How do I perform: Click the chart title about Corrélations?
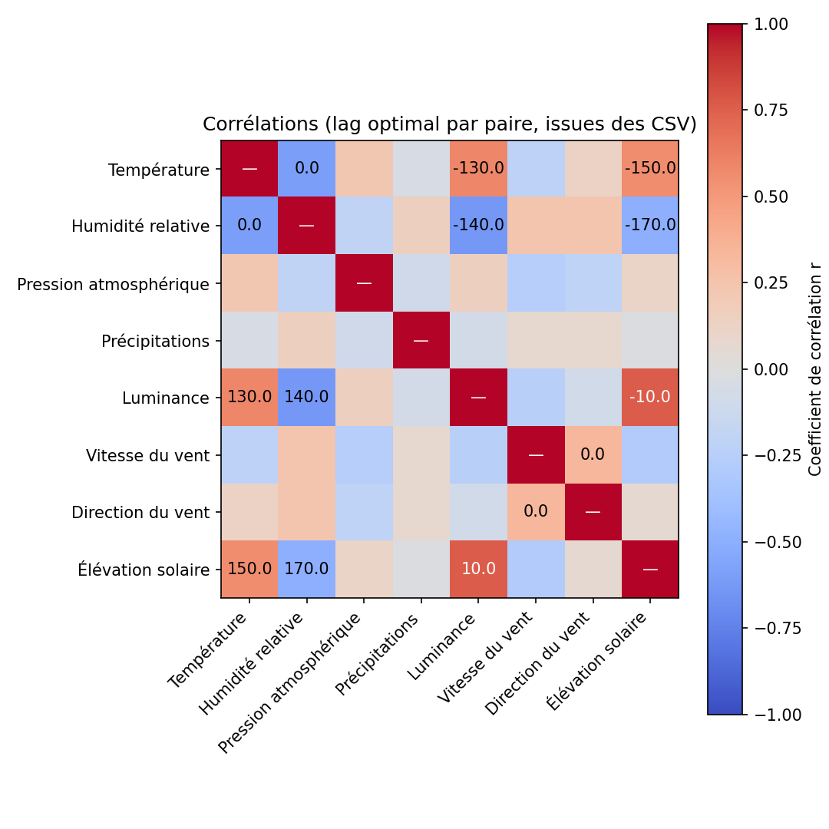(449, 124)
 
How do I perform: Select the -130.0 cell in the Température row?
(478, 168)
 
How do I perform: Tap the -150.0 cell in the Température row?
(650, 168)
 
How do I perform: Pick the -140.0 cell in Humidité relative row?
(478, 225)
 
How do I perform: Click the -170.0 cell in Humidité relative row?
(650, 225)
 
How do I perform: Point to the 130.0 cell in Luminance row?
(249, 397)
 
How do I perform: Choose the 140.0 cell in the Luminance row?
(306, 397)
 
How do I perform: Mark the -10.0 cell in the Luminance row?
(650, 397)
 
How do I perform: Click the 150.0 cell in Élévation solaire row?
(249, 569)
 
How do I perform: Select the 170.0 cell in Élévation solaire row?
(306, 569)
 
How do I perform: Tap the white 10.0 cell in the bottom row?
(478, 569)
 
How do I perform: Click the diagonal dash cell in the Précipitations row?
(421, 340)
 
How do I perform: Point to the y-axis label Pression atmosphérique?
(114, 285)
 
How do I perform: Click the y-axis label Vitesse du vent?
(148, 456)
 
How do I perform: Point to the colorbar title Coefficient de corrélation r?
(815, 368)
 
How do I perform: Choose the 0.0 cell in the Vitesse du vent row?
(593, 454)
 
